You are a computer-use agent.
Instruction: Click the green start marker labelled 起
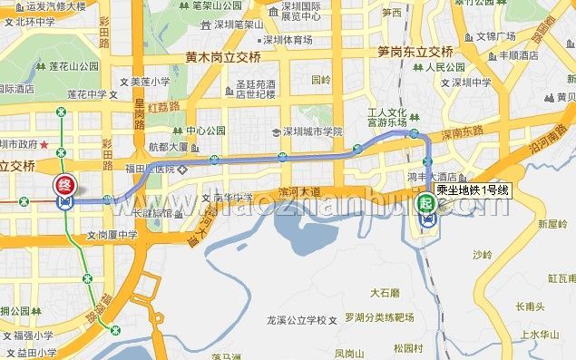pos(426,204)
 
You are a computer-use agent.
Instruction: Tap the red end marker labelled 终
pos(65,185)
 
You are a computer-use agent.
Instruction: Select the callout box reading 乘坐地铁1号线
pos(473,190)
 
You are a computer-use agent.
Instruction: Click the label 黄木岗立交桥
pos(222,57)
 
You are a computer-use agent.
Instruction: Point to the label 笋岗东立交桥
pos(415,51)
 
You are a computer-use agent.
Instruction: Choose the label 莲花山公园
pos(74,66)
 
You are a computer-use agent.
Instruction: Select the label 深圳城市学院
pos(311,131)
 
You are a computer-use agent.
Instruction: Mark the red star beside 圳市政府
pos(44,144)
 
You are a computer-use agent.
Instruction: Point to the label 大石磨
pos(385,293)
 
